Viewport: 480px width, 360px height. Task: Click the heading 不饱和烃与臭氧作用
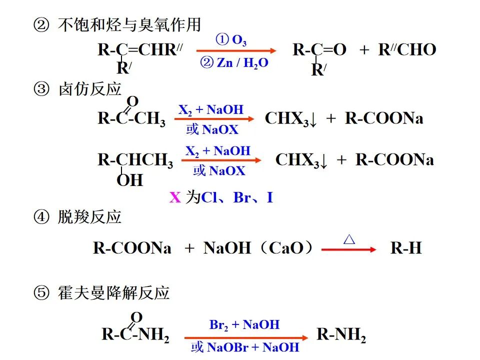[129, 24]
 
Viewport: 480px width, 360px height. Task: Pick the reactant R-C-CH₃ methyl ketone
[131, 118]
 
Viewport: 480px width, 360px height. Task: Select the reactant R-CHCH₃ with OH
[135, 160]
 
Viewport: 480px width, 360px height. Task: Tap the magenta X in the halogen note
[175, 197]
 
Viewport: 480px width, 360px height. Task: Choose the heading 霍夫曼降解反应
[114, 292]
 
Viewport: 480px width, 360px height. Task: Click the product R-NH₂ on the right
[341, 334]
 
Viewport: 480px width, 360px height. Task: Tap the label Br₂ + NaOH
[244, 325]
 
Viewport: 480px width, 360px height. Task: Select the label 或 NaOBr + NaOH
[245, 347]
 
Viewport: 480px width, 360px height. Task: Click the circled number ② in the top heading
[39, 24]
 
